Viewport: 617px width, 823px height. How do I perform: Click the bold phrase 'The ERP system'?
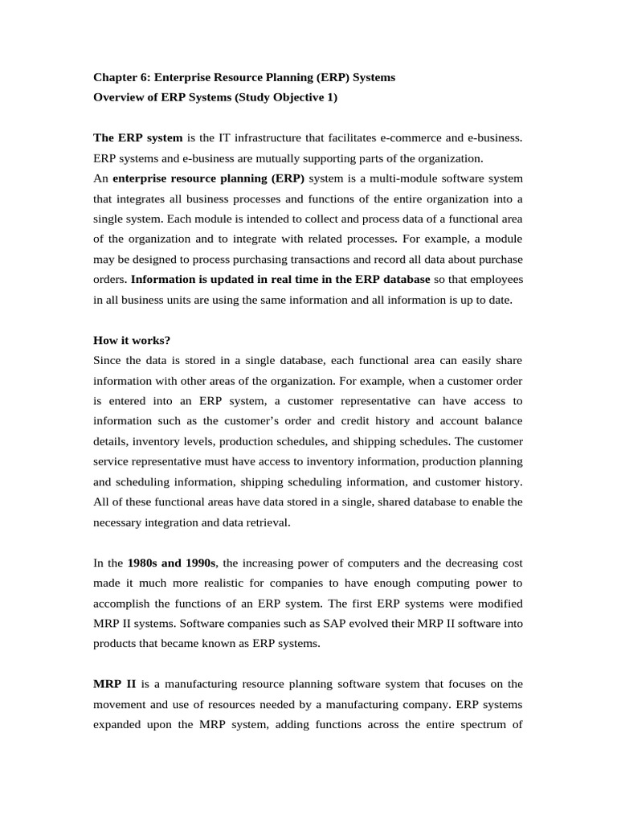(138, 137)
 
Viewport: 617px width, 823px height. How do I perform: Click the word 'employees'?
(491, 280)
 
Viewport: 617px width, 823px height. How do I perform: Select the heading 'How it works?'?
(132, 339)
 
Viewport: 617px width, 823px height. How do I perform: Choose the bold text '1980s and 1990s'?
(171, 563)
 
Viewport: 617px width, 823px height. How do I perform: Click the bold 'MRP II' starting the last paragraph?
(114, 684)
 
